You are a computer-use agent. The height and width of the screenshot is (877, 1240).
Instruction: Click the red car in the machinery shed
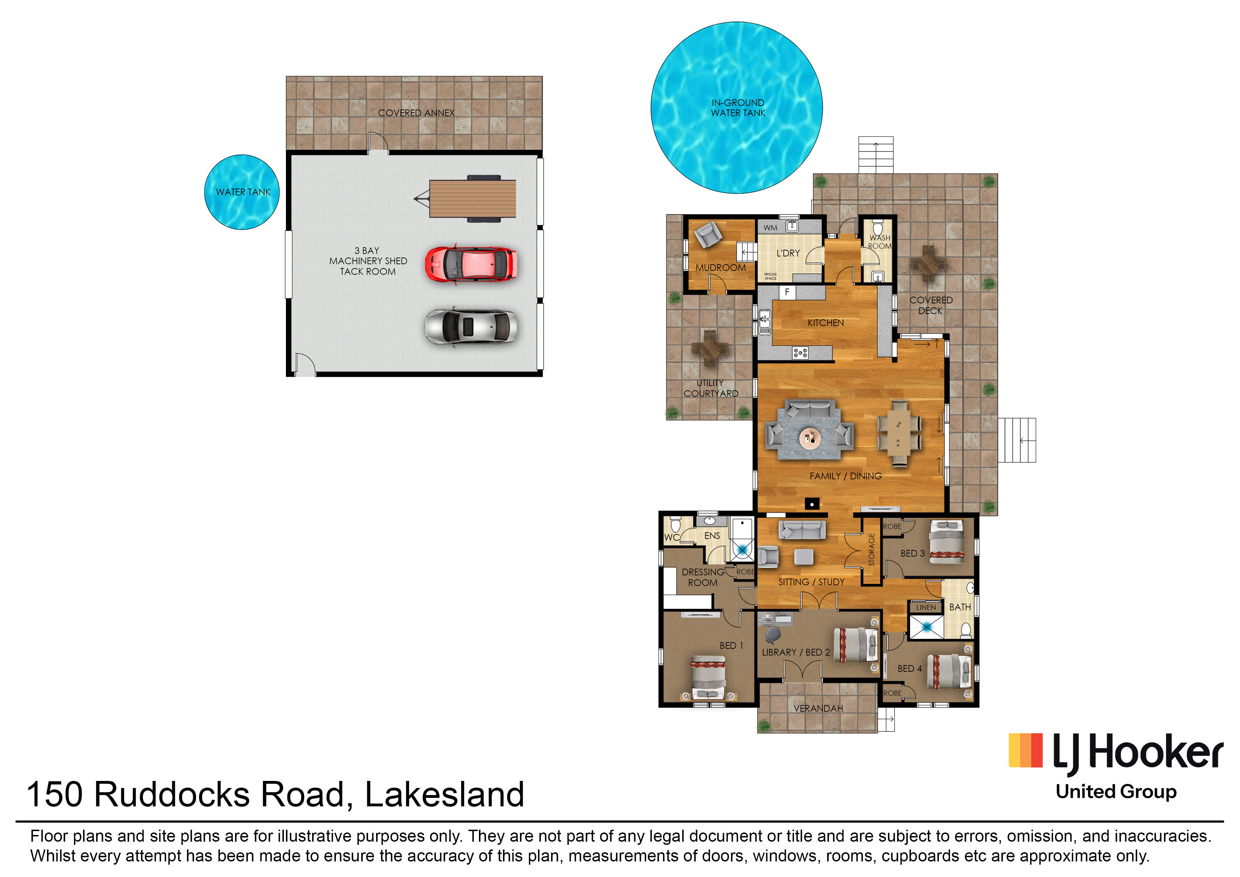click(470, 264)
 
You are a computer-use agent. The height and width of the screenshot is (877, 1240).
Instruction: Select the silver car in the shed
click(470, 326)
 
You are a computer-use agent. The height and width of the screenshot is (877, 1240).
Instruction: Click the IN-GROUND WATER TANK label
click(737, 107)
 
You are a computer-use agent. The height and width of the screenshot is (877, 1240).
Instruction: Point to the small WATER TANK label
click(243, 192)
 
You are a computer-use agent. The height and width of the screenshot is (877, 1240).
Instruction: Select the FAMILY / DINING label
click(845, 476)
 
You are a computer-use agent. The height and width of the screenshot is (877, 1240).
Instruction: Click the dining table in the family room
click(899, 433)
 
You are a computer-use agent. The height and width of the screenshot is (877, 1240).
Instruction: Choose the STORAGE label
click(871, 550)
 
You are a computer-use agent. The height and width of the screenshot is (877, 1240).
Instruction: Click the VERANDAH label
click(818, 708)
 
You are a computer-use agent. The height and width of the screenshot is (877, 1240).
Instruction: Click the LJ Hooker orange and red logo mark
click(1025, 750)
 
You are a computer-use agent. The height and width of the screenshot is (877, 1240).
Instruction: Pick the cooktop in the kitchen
click(800, 353)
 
